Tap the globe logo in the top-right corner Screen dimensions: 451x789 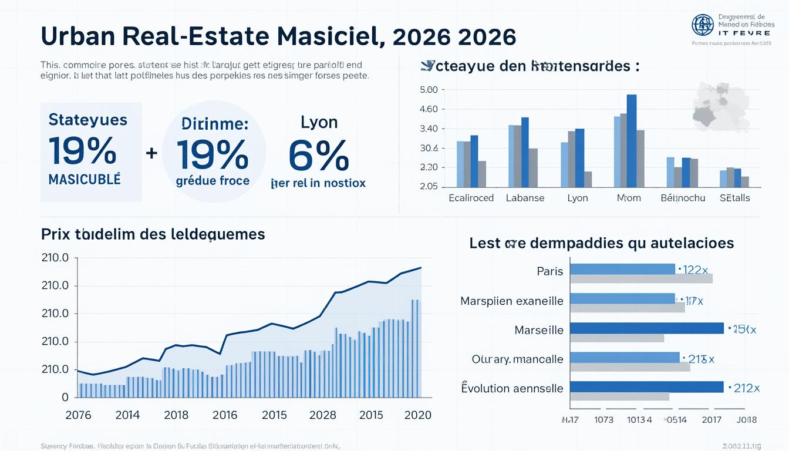[702, 25]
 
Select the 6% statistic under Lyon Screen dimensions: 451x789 [319, 155]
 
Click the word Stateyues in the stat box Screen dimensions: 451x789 [87, 120]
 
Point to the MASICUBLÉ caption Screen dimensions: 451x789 [85, 180]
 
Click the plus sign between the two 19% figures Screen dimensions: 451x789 [151, 153]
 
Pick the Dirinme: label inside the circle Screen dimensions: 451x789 [215, 124]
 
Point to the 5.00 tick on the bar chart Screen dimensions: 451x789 [429, 90]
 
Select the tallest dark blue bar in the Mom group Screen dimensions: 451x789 [632, 140]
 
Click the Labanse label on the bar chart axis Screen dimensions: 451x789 [525, 198]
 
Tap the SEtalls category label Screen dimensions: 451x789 [734, 198]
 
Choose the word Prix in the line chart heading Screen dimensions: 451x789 [56, 234]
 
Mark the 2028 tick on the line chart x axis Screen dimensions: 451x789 [322, 415]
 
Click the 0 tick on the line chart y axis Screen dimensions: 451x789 [65, 398]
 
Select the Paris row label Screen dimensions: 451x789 [549, 271]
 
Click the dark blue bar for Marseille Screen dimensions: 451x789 [646, 328]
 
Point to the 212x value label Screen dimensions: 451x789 [745, 388]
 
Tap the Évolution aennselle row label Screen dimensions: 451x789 [512, 388]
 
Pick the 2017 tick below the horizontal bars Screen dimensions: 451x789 [712, 420]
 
